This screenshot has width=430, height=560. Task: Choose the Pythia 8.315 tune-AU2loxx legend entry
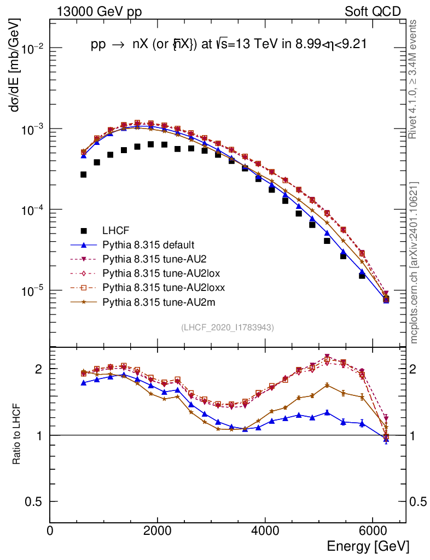[152, 288]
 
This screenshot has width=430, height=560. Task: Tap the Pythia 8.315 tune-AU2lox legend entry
[149, 273]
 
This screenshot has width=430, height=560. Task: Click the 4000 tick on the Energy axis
[265, 530]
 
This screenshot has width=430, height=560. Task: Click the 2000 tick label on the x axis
[158, 530]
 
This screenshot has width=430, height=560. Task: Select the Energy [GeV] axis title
[368, 546]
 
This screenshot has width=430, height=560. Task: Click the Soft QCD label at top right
[373, 11]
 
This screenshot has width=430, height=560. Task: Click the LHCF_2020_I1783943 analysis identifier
[228, 327]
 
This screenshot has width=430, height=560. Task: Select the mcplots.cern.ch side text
[414, 262]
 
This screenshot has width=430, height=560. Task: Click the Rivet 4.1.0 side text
[414, 79]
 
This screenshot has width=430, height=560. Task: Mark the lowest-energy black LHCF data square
[84, 174]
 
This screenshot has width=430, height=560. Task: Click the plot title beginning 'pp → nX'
[228, 46]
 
